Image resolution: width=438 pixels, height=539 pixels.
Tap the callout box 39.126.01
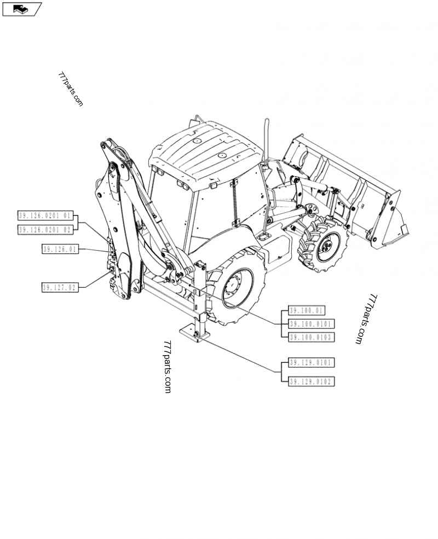click(x=60, y=250)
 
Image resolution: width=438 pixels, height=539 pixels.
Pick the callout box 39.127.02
click(x=60, y=287)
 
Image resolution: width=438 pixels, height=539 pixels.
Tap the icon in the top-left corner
click(x=22, y=9)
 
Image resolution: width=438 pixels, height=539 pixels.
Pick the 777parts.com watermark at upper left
click(x=71, y=90)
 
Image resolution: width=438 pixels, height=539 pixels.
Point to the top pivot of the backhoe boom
click(x=107, y=145)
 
